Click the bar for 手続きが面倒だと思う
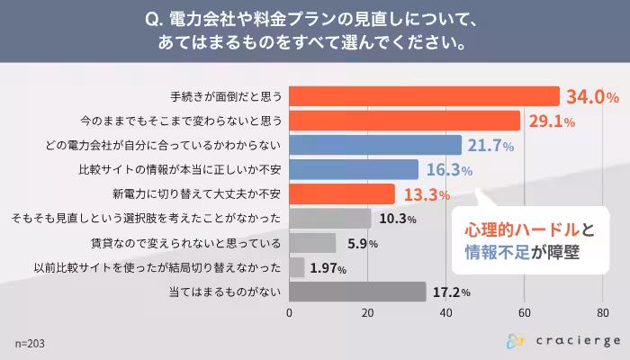(x=423, y=96)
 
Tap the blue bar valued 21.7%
(x=375, y=145)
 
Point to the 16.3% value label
(x=448, y=170)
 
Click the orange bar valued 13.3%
(x=342, y=194)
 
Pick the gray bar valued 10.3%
(x=330, y=219)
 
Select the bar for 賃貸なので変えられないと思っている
(x=312, y=243)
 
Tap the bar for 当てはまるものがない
(x=357, y=292)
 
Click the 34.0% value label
(x=591, y=96)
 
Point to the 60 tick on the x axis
(x=524, y=313)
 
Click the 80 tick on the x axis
(x=602, y=313)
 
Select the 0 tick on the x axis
(x=289, y=313)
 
